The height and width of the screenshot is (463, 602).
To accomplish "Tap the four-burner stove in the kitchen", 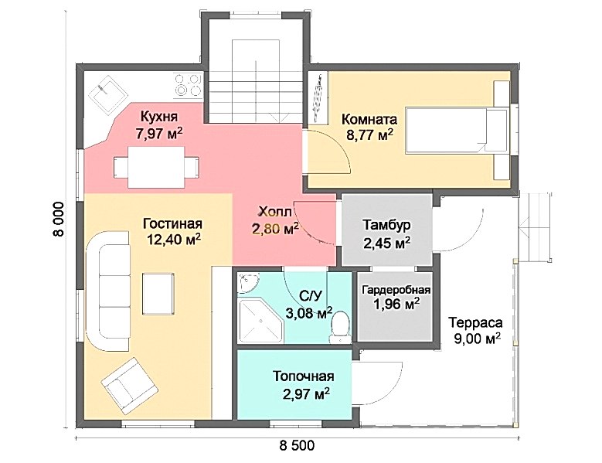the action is coord(188,85).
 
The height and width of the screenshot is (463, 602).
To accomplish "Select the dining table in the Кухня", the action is coord(156,167).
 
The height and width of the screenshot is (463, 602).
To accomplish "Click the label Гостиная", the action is coord(172,223).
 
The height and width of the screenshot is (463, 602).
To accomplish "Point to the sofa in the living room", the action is coord(108,291).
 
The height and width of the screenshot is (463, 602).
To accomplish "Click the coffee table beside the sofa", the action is coord(158,294).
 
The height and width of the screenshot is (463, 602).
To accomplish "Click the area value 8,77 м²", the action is coord(369,135).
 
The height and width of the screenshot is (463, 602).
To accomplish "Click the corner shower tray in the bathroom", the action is coord(260,322).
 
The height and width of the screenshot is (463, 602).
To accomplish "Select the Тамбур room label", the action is coord(386,225).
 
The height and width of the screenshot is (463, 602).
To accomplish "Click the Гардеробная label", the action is coord(396,290).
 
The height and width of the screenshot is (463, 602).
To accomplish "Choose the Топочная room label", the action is coord(303,376).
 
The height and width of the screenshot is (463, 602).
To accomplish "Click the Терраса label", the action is coord(476,322).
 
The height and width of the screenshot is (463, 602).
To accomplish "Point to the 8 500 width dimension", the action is coord(297,446).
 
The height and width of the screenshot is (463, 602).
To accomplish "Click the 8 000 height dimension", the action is coord(60,220).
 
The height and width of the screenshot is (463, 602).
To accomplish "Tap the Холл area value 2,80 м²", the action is coord(276,230).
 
